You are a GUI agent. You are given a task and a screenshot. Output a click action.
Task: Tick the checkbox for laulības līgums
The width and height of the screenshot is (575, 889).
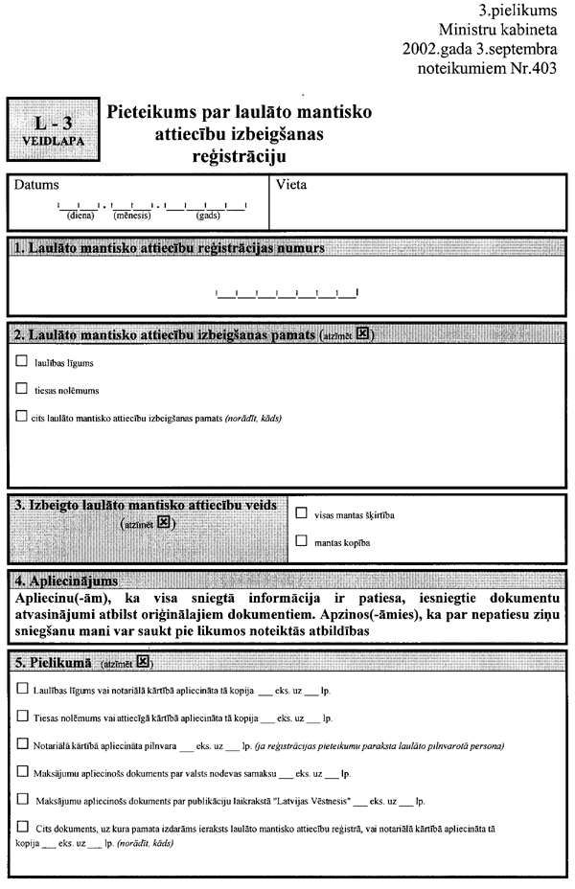pyautogui.click(x=22, y=363)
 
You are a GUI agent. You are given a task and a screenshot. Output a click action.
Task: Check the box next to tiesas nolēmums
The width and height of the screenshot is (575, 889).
pyautogui.click(x=22, y=389)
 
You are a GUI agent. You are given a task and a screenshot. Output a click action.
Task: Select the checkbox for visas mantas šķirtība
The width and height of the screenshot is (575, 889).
pyautogui.click(x=302, y=514)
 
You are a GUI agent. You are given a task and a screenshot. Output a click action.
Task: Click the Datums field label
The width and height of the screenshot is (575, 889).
pyautogui.click(x=36, y=185)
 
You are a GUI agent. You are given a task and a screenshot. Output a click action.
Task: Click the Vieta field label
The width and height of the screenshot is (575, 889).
pyautogui.click(x=291, y=185)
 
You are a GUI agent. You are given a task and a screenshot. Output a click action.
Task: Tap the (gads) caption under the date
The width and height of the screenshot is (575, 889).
pyautogui.click(x=207, y=216)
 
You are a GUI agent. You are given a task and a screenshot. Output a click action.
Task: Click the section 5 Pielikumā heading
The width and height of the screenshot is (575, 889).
pyautogui.click(x=56, y=661)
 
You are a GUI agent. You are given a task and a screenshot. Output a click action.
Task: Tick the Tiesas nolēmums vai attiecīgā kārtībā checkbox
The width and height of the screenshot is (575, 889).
pyautogui.click(x=22, y=716)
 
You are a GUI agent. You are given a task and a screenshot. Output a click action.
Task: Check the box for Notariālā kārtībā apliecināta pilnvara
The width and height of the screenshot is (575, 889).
pyautogui.click(x=22, y=742)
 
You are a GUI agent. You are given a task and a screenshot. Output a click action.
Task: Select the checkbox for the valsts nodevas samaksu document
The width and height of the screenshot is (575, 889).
pyautogui.click(x=22, y=769)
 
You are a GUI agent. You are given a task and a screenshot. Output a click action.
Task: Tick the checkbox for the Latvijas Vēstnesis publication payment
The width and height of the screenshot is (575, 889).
pyautogui.click(x=22, y=797)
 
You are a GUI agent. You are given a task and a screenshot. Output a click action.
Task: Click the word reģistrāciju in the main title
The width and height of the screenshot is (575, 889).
pyautogui.click(x=239, y=154)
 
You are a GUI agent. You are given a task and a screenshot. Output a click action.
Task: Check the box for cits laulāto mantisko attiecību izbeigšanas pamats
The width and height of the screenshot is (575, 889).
pyautogui.click(x=22, y=416)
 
